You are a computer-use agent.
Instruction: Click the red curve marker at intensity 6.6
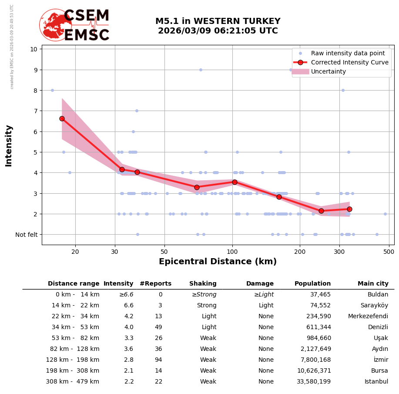[x=62, y=118]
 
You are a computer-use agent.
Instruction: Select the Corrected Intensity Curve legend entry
[x=349, y=62]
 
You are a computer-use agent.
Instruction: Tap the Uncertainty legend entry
[x=328, y=71]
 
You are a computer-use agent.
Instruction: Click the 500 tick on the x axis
[x=389, y=252]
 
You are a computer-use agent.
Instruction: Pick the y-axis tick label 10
[x=33, y=49]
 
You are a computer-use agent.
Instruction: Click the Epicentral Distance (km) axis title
[x=218, y=262]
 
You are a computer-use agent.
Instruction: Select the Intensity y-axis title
[x=9, y=145]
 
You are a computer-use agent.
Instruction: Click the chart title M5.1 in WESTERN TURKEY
[x=218, y=21]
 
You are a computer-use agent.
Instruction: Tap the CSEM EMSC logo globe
[x=56, y=25]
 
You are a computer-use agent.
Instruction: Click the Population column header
[x=312, y=284]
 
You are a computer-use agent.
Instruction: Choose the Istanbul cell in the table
[x=376, y=382]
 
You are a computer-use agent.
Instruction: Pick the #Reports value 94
[x=158, y=360]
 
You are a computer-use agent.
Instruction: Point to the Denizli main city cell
[x=378, y=327]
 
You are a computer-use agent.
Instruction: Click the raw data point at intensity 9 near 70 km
[x=201, y=70]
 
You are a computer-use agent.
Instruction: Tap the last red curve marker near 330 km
[x=349, y=209]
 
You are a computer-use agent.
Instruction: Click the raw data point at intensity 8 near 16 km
[x=52, y=91]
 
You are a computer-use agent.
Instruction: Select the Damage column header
[x=260, y=284]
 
